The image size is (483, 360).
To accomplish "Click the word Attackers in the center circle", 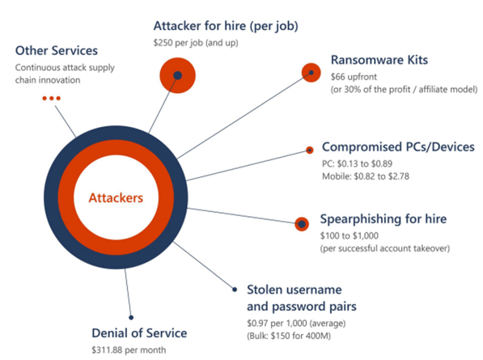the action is [116, 197].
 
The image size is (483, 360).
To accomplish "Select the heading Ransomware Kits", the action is [379, 60].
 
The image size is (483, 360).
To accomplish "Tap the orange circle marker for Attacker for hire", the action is [177, 75].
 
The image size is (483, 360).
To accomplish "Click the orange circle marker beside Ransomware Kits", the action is [311, 73].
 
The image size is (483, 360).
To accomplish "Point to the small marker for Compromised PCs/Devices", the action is [310, 150].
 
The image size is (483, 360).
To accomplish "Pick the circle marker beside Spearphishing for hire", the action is [302, 224].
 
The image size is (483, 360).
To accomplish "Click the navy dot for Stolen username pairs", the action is [235, 289].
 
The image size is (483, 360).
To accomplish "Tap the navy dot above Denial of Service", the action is [131, 317].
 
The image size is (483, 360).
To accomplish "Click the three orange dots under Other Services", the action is [52, 98].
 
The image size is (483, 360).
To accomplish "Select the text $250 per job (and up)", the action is [196, 43].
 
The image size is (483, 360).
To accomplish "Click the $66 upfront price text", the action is [354, 77].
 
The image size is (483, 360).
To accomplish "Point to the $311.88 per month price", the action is [129, 349].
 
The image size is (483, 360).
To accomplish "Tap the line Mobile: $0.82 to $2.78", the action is [366, 176].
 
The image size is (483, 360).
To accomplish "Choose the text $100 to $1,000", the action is [350, 235].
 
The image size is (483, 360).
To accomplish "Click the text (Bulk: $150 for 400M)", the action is [289, 336].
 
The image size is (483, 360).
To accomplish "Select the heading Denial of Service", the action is [139, 333].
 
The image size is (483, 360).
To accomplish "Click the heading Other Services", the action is [57, 50].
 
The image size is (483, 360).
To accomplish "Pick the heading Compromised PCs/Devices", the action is [398, 147].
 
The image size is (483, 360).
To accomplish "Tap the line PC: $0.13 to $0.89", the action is [358, 163].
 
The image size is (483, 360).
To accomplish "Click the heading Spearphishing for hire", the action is [383, 219].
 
